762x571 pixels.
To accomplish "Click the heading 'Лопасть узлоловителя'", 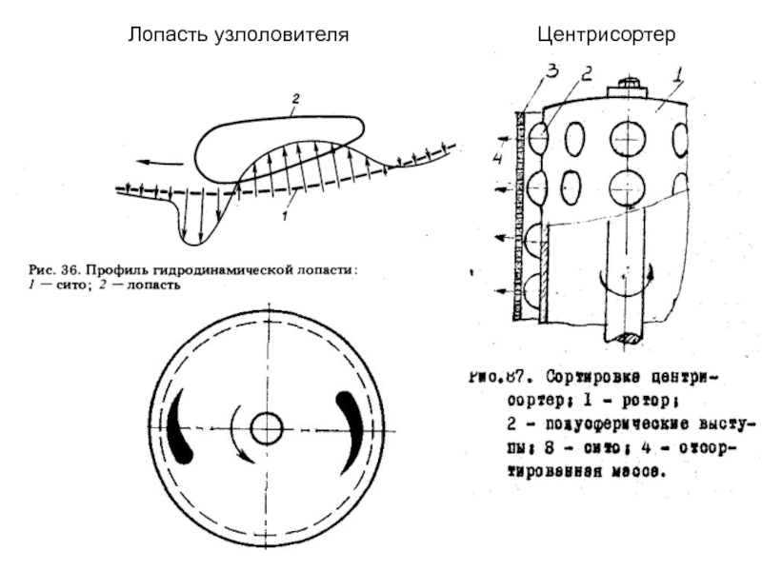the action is click(239, 35).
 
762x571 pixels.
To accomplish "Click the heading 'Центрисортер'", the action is click(605, 35).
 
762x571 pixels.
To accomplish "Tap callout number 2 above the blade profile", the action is click(296, 98).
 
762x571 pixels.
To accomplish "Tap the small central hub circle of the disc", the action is click(266, 427).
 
